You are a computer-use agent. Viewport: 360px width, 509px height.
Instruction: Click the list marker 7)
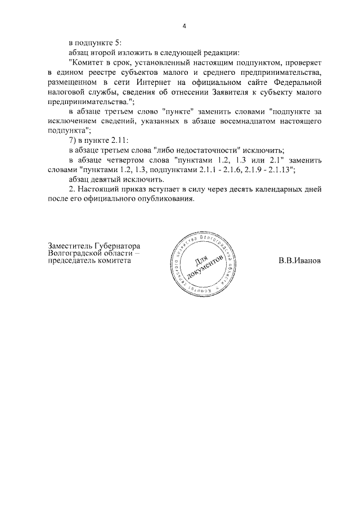[x=71, y=141]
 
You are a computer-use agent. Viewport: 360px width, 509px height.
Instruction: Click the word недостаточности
[x=210, y=150]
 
